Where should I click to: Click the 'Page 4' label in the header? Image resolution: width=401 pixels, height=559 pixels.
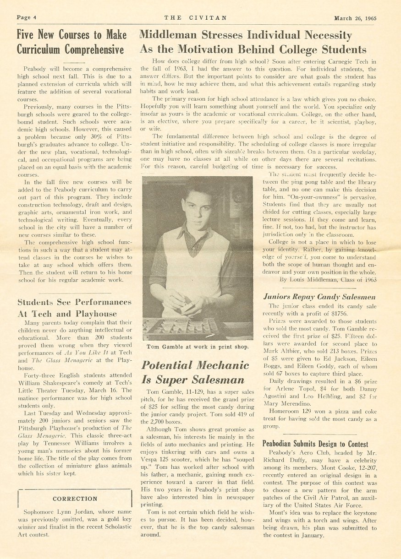tap(27, 18)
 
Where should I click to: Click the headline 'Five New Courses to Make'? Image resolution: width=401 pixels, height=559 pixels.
tap(71, 35)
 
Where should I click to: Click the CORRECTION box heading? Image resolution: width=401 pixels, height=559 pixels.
tap(75, 499)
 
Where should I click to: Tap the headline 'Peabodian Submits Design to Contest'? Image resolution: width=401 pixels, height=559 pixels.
tap(315, 444)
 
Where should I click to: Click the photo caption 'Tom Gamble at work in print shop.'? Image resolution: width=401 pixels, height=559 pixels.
tap(198, 347)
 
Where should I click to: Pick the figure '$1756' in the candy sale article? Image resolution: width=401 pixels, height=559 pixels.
tap(336, 314)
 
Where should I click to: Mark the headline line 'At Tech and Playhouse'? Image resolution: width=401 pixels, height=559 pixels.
tap(67, 314)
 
